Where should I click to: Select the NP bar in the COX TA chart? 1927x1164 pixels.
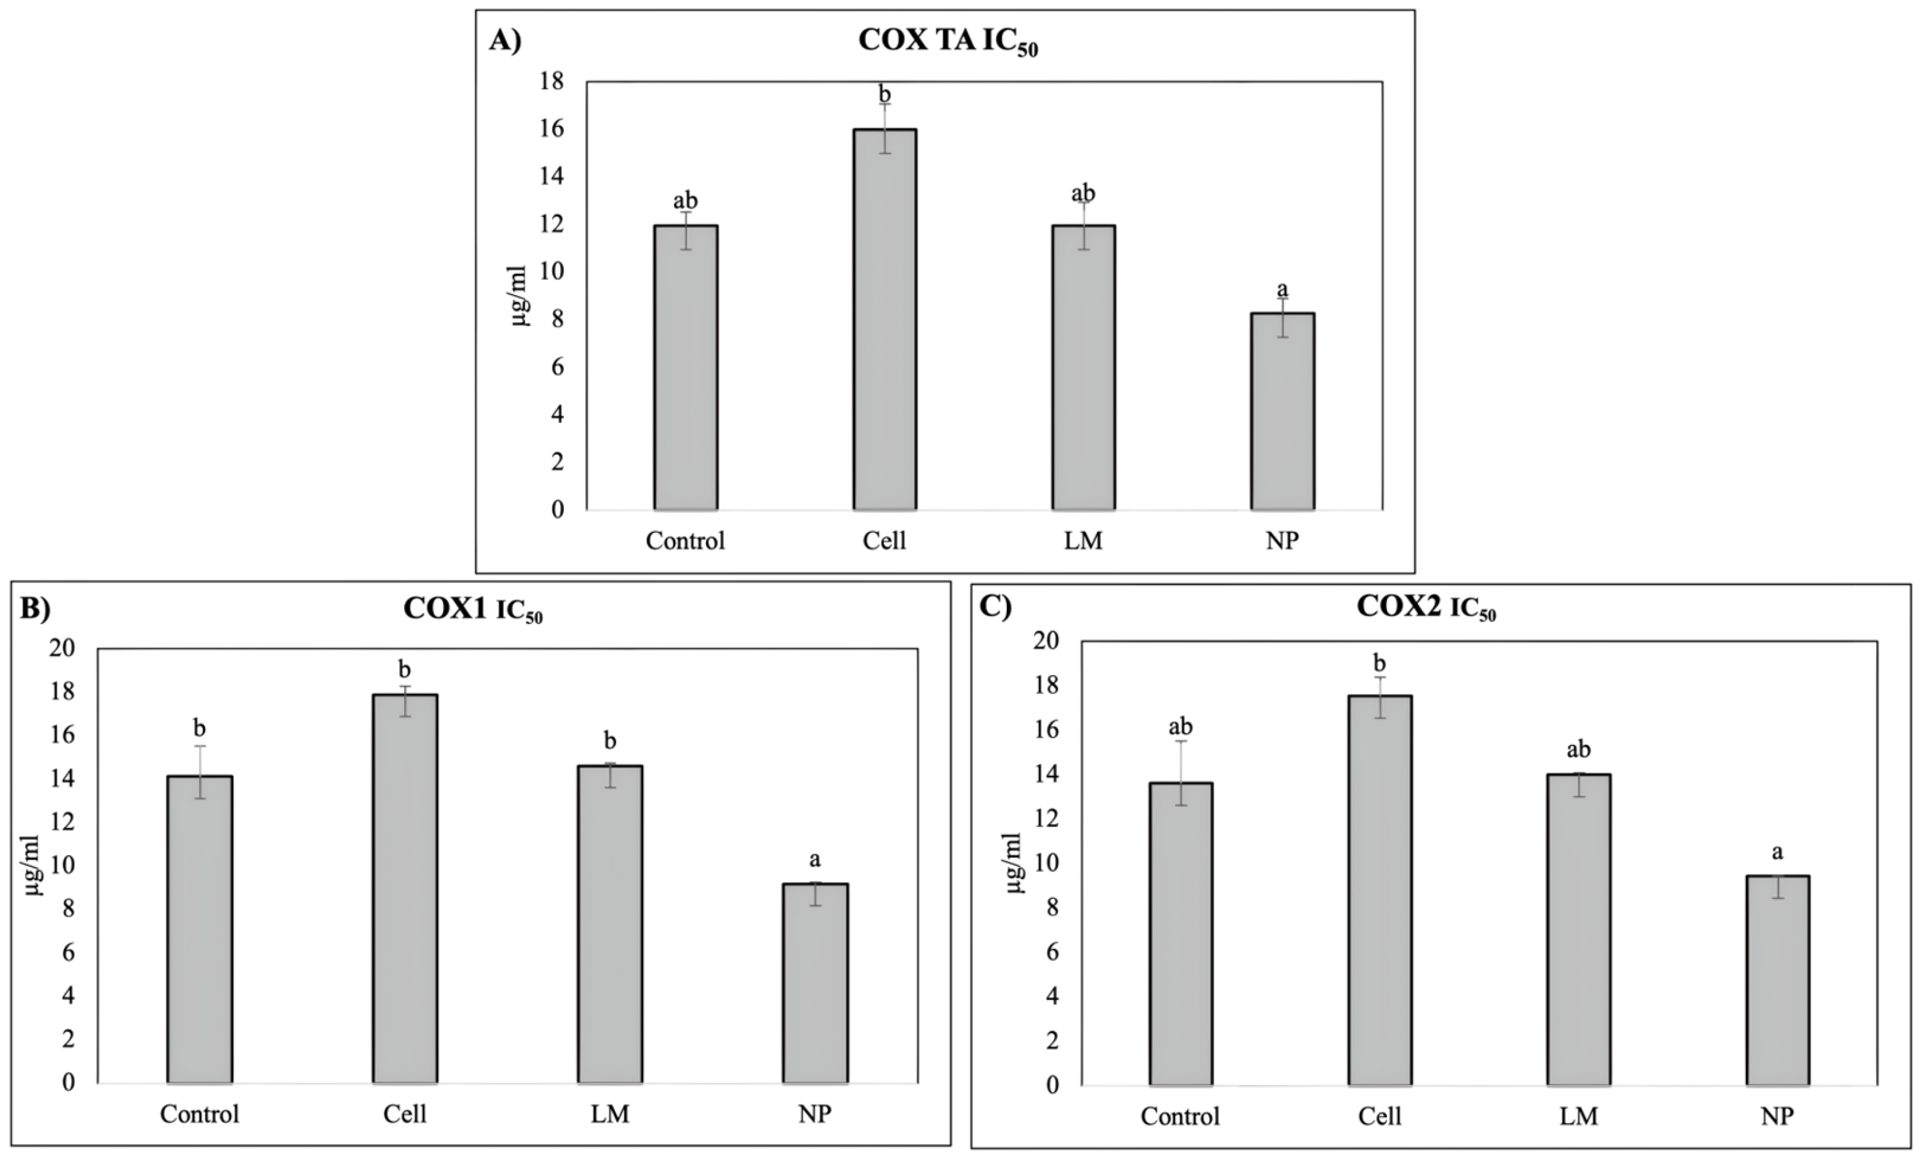point(1282,411)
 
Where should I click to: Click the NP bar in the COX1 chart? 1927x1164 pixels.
point(815,983)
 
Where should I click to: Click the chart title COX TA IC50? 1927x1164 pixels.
point(948,42)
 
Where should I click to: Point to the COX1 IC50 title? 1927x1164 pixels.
point(473,610)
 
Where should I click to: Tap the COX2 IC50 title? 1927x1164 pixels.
point(1425,607)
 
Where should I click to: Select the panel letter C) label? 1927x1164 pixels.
point(995,606)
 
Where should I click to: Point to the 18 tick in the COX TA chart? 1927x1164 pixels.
point(551,81)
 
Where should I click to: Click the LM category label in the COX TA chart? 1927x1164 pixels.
point(1083,541)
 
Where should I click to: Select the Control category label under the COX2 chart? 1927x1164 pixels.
point(1179,1116)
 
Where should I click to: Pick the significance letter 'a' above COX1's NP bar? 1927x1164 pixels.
point(815,860)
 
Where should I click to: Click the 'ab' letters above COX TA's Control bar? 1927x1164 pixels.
point(685,201)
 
